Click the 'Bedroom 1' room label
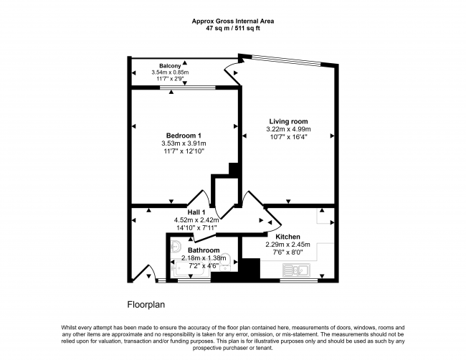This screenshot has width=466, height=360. [184, 136]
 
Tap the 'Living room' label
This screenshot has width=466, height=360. [288, 120]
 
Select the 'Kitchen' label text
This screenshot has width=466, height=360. [287, 236]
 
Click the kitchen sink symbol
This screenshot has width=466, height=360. [295, 271]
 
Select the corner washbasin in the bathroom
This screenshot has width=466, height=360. [177, 245]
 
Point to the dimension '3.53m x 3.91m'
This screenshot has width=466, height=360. [184, 143]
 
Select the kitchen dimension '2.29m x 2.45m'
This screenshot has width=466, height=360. [287, 244]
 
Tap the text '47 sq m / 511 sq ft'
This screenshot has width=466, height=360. [232, 29]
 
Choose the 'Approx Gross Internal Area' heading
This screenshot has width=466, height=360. [232, 21]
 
